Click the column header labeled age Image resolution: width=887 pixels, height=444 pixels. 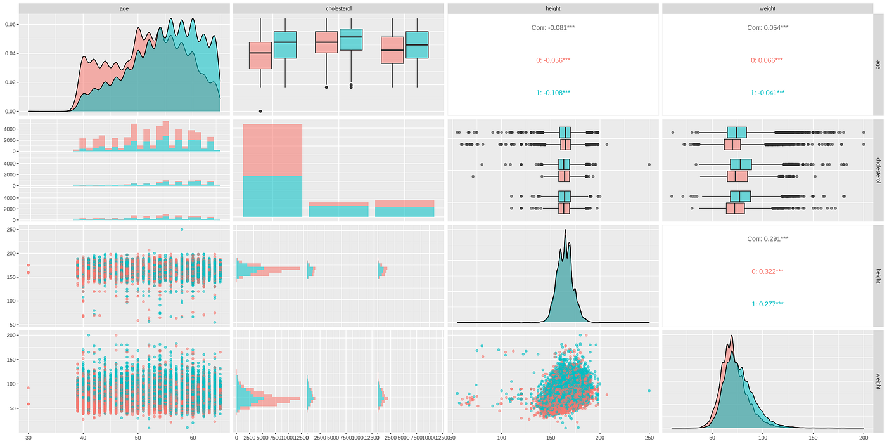[x=124, y=9]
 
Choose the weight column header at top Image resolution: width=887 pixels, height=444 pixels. [x=767, y=9]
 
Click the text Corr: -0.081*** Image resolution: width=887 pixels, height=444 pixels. [x=552, y=28]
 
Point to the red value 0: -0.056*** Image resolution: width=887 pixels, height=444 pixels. [x=552, y=60]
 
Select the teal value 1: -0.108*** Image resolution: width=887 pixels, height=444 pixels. [x=552, y=93]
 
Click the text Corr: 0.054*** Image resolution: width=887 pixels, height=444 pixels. [x=767, y=28]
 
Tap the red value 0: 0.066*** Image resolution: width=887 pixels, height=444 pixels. [x=767, y=60]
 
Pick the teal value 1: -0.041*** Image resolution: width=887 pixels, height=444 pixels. [x=767, y=93]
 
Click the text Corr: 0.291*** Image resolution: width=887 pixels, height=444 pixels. [x=767, y=239]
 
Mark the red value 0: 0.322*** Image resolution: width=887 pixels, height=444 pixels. [x=767, y=271]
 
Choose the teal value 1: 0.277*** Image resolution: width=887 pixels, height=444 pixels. [x=767, y=304]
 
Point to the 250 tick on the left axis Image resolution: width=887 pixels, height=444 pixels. [x=10, y=230]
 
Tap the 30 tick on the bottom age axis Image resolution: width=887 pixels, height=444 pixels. [x=28, y=438]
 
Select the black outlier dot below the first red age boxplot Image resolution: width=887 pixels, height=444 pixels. [x=260, y=111]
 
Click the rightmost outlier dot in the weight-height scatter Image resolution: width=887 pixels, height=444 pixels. [x=649, y=391]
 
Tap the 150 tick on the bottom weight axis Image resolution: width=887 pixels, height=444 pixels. [x=813, y=438]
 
